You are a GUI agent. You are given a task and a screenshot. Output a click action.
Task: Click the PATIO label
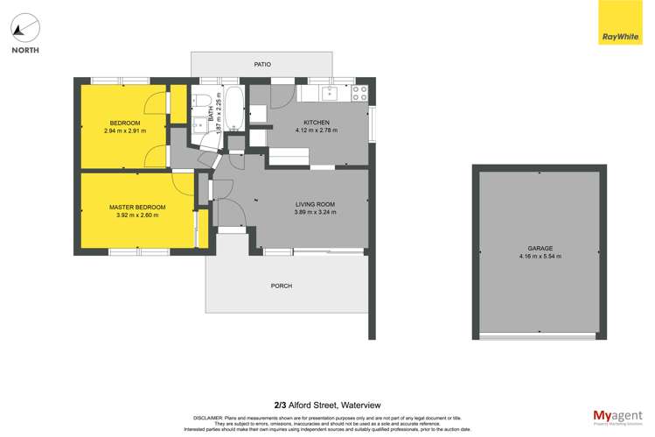coord(262,64)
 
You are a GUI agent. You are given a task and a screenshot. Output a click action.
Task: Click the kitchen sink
coord(330,92)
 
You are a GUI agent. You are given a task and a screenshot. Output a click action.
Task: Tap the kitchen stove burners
coord(359,92)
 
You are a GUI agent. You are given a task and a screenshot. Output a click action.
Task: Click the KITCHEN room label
coord(316,122)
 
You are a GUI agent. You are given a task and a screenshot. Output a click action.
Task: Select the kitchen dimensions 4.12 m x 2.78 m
coord(316,130)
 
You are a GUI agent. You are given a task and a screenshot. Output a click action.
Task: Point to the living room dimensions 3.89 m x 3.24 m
coord(315,214)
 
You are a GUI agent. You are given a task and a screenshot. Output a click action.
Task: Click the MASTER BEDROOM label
coord(137,208)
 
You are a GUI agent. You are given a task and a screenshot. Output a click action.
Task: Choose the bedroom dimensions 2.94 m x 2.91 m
coord(125,131)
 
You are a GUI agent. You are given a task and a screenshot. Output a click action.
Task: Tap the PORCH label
coord(282,286)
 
